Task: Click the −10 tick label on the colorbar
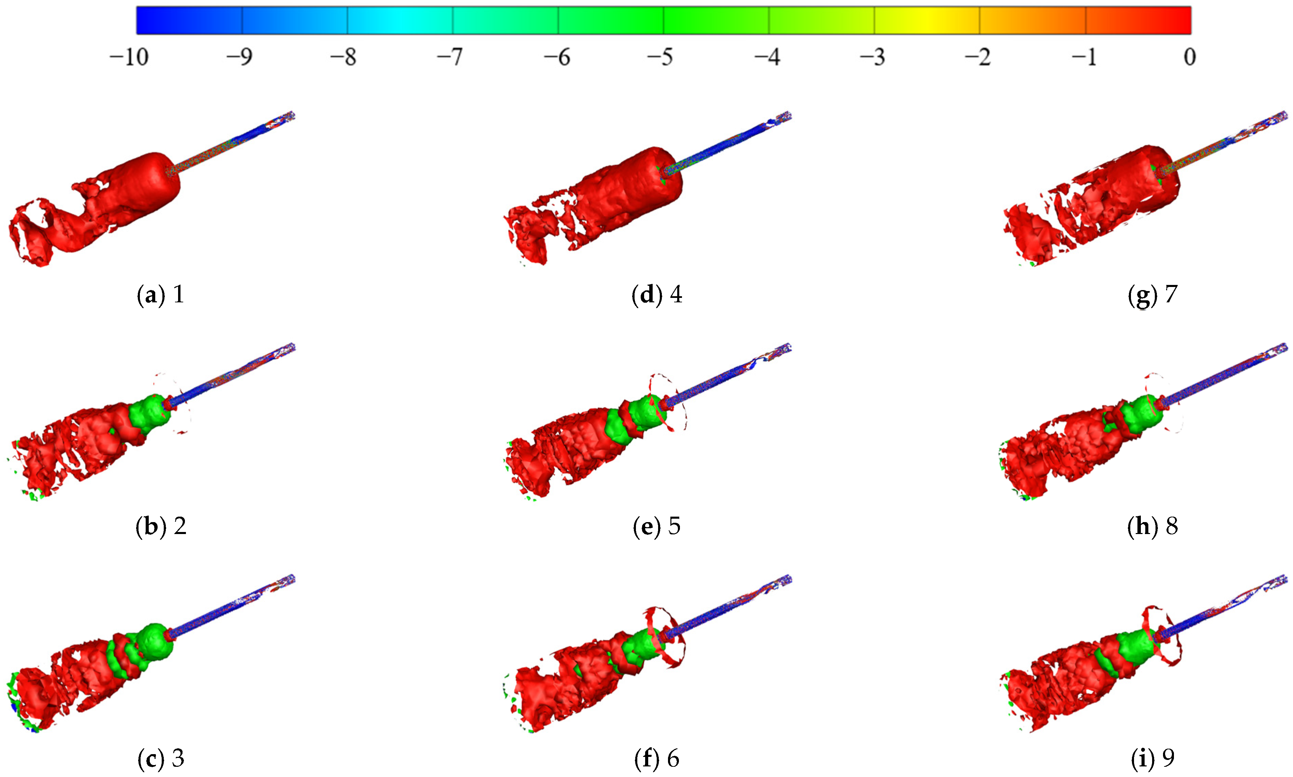coord(129,57)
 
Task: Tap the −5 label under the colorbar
coord(660,57)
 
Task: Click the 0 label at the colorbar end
coord(1189,57)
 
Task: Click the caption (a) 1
coord(160,295)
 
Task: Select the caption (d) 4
coord(657,295)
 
